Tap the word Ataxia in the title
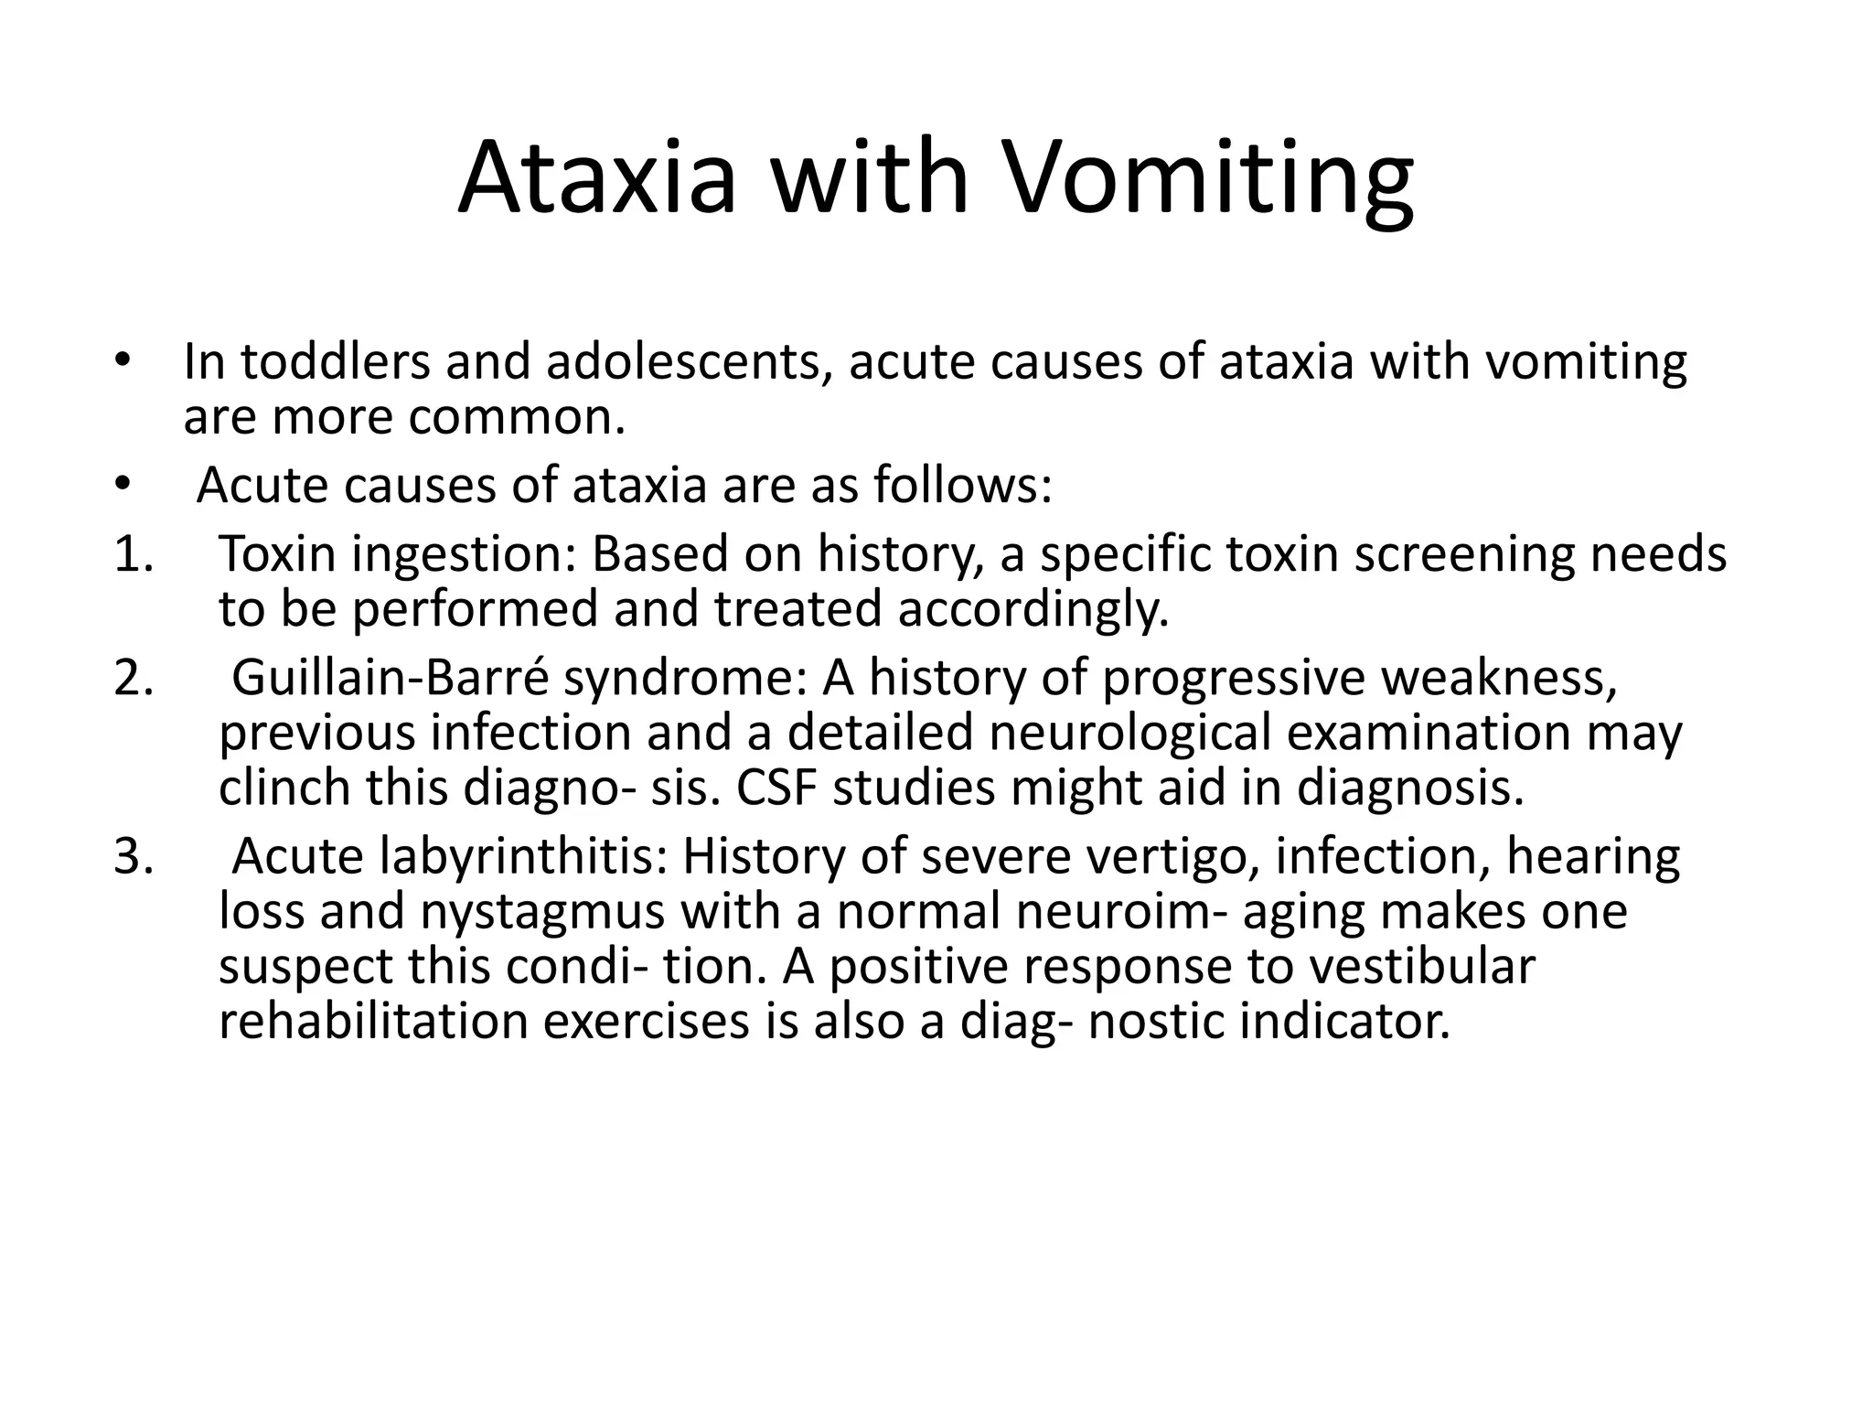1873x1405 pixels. pos(596,178)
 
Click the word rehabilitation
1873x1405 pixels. pos(374,1022)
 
